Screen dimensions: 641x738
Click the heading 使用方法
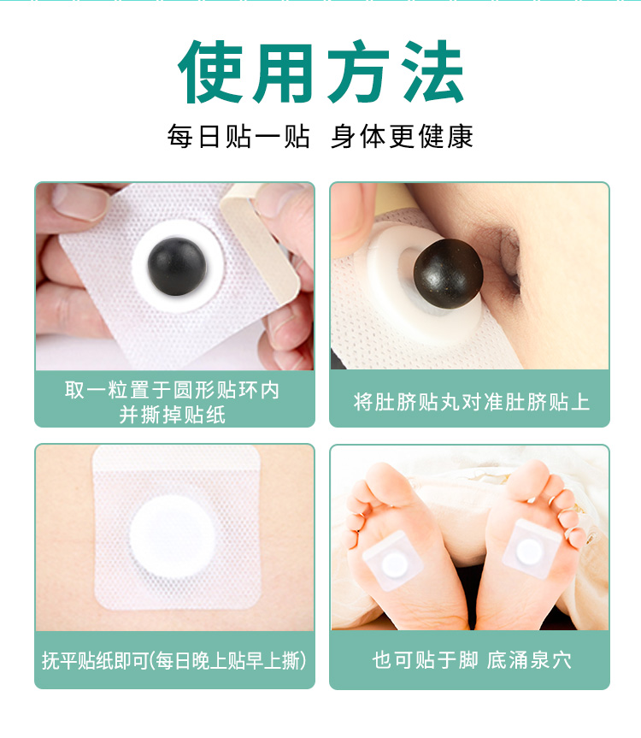(320, 71)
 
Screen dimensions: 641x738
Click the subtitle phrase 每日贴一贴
(238, 137)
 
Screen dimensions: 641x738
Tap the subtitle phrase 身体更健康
(402, 137)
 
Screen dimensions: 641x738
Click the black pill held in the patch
(177, 267)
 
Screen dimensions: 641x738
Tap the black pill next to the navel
(448, 274)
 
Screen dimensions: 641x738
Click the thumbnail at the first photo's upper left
(80, 203)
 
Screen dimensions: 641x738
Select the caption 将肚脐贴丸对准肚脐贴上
(471, 403)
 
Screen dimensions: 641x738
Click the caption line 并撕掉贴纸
(172, 415)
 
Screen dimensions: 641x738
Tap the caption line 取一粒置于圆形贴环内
(172, 390)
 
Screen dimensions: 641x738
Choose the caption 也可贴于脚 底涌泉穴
(471, 660)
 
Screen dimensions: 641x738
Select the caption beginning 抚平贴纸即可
(174, 660)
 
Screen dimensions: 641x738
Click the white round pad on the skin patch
(173, 535)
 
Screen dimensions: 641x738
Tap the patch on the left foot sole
(393, 560)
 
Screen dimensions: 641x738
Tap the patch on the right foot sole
(530, 548)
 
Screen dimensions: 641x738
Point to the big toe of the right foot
(528, 480)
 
